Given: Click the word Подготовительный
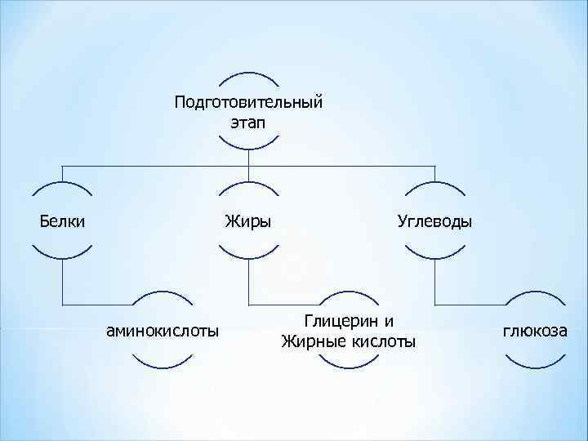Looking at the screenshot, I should (248, 103).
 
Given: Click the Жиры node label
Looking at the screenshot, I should (248, 220).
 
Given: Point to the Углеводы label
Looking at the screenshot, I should (434, 220).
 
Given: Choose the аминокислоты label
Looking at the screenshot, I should (163, 331).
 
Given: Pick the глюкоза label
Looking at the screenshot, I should (535, 331).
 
